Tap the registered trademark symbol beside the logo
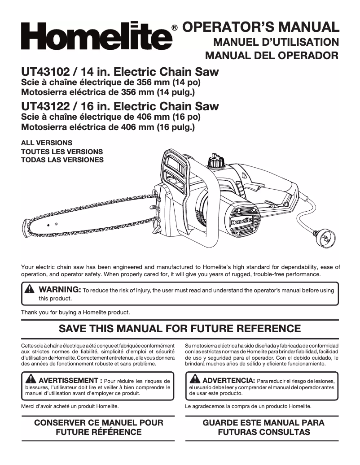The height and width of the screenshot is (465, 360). coord(175,28)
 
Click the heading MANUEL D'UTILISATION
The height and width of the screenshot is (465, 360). coord(276,43)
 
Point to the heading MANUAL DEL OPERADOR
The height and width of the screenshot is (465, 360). coord(272,56)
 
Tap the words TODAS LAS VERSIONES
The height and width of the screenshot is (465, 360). coord(62,160)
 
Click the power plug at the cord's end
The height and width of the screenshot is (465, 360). coord(325,235)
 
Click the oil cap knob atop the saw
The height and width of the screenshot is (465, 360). coord(216,161)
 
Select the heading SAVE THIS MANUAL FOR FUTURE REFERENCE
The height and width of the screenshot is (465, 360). coord(180,328)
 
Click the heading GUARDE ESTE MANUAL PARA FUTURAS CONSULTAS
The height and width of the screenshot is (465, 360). coord(263,427)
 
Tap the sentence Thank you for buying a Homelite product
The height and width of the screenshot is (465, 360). coord(75,312)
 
